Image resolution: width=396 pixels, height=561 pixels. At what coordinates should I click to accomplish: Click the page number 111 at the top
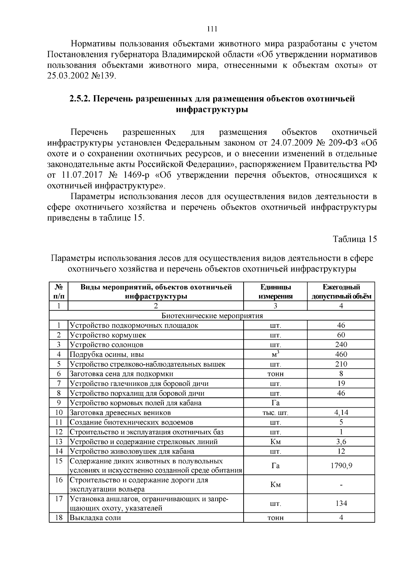tap(212, 29)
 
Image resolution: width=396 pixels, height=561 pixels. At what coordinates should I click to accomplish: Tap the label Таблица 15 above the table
tap(354, 239)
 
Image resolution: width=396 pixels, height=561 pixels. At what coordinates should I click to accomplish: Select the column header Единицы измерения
tap(276, 291)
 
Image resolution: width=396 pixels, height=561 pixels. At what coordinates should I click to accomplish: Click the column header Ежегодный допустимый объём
tap(341, 291)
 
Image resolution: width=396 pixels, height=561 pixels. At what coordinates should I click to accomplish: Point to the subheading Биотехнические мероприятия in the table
tap(212, 316)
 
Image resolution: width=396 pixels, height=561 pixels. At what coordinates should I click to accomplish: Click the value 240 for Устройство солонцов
tap(341, 345)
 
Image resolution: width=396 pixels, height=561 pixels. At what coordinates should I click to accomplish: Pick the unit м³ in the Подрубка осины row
tap(276, 355)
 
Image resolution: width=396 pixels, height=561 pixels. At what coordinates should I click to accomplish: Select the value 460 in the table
tap(341, 355)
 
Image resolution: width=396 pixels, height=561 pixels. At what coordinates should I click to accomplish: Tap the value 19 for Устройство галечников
tap(341, 383)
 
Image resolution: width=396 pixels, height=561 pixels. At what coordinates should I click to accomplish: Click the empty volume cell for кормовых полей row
tap(341, 403)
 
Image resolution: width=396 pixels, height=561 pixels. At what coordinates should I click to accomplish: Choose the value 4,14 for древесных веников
tap(341, 413)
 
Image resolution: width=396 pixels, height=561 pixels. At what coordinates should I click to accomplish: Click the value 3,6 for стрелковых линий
tap(341, 442)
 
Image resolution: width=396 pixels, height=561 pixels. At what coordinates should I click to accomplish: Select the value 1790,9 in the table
tap(341, 466)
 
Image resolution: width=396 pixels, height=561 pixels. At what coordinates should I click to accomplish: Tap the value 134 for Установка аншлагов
tap(341, 503)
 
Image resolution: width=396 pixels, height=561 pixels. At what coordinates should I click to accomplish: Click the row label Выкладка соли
tap(95, 518)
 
